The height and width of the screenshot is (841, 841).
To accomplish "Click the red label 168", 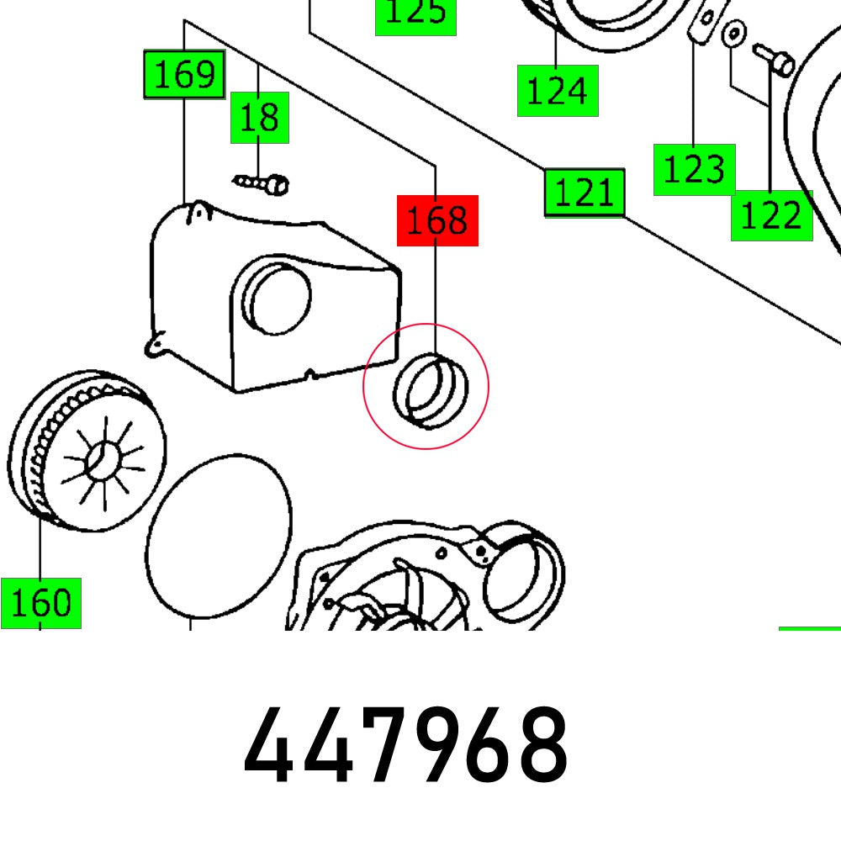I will point(437,221).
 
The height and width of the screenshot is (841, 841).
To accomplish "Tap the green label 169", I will point(184,76).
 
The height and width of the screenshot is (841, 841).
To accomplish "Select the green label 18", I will point(260,118).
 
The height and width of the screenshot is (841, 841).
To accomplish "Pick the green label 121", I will point(584,193).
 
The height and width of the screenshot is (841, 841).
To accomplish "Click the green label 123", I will point(694,170).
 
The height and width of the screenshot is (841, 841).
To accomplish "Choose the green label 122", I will point(771,216).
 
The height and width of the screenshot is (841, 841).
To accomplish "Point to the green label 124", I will point(557,91).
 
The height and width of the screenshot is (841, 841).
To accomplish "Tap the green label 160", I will point(40,603).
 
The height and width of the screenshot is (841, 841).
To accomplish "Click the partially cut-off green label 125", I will point(415,15).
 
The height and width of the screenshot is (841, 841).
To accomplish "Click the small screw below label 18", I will point(262,182).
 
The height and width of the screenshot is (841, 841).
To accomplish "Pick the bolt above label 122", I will point(774,58).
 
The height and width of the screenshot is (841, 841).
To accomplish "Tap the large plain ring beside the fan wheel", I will point(219,538).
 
